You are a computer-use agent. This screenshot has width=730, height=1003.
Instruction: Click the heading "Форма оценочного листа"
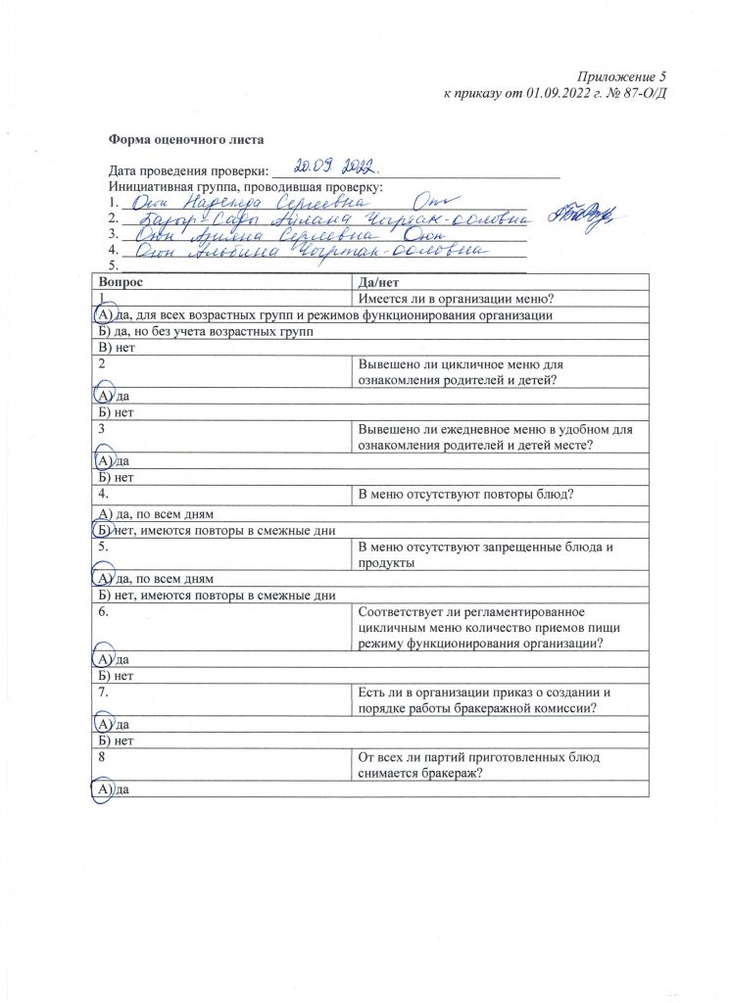pyautogui.click(x=186, y=140)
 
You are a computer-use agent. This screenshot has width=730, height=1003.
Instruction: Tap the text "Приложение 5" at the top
pyautogui.click(x=620, y=76)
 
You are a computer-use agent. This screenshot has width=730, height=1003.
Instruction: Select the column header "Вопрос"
pyautogui.click(x=121, y=282)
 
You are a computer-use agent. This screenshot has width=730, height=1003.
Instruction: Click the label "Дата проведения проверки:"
pyautogui.click(x=188, y=170)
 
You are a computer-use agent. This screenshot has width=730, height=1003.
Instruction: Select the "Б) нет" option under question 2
pyautogui.click(x=114, y=412)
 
